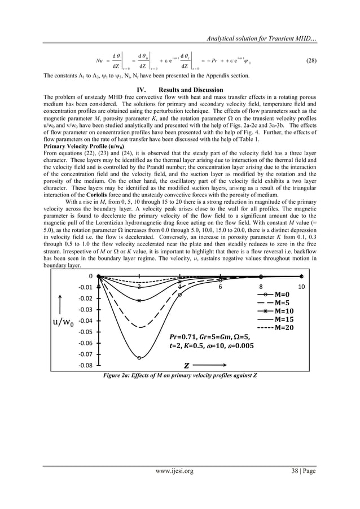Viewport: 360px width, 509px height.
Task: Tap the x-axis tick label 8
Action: (x=261, y=287)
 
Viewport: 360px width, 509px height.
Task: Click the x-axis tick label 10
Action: (x=301, y=287)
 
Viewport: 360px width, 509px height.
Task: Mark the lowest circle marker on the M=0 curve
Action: (x=139, y=357)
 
